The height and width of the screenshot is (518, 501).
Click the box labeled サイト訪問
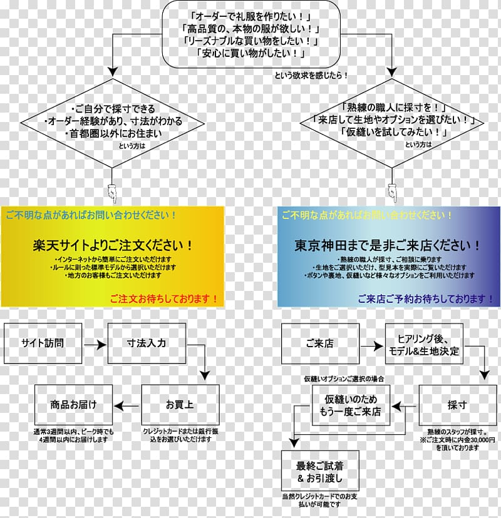click(x=43, y=343)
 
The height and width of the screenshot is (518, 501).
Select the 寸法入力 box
click(x=147, y=343)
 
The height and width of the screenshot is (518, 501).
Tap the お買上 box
click(x=180, y=405)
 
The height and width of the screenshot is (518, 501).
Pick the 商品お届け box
click(x=74, y=405)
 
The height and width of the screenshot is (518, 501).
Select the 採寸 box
click(x=458, y=405)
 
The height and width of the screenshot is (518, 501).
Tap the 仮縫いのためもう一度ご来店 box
click(x=352, y=405)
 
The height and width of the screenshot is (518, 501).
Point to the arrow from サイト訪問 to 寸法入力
click(x=95, y=343)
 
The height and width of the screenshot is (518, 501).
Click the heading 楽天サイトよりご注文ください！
click(x=113, y=245)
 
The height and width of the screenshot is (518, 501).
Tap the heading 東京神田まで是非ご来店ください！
click(x=389, y=245)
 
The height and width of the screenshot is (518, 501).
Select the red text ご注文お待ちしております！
click(x=164, y=298)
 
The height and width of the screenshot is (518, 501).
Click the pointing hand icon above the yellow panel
click(x=112, y=193)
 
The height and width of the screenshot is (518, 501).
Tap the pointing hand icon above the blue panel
click(x=393, y=193)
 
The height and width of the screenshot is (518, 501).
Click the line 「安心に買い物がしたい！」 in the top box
click(x=251, y=54)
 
